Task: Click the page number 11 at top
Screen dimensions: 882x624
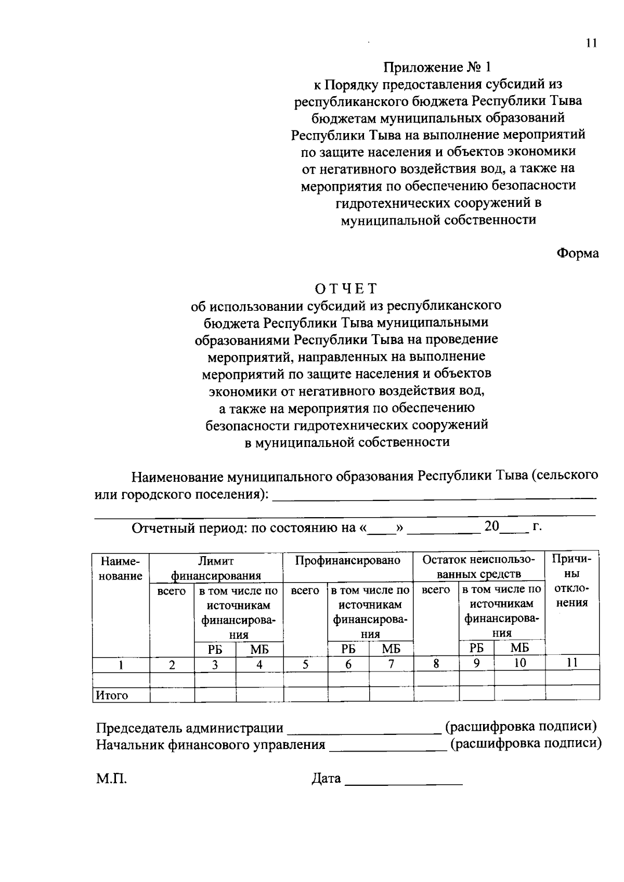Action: [591, 43]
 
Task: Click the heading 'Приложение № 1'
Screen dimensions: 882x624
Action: [437, 68]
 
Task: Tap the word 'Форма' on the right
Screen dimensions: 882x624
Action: [578, 254]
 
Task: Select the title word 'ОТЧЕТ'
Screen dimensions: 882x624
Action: [346, 288]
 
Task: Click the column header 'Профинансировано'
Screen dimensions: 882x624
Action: [348, 561]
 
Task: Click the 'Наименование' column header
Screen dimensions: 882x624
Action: [120, 569]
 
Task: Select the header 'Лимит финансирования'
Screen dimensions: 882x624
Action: [216, 568]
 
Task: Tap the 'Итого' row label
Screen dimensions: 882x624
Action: [111, 695]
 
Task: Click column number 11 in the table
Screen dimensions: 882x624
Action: [572, 663]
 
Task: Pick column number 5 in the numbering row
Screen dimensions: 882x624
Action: [305, 664]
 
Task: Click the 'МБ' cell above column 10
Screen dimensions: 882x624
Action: [519, 648]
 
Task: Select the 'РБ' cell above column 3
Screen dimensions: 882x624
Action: [215, 649]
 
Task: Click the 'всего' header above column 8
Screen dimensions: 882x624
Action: [436, 590]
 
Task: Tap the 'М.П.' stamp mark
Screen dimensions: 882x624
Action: [111, 779]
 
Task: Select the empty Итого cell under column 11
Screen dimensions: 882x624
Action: [572, 694]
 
